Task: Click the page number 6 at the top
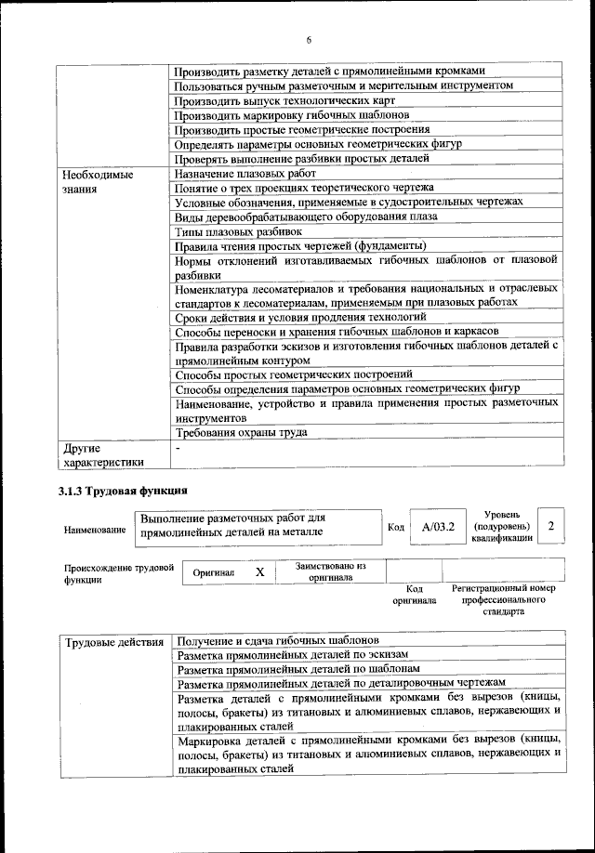click(x=309, y=39)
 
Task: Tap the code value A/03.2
click(x=437, y=527)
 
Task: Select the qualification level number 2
click(x=551, y=527)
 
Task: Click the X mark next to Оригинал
click(x=260, y=573)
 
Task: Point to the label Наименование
click(x=95, y=529)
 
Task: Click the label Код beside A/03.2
click(x=395, y=528)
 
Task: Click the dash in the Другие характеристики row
click(x=178, y=447)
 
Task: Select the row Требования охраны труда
click(x=241, y=432)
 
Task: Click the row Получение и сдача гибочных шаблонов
click(x=277, y=642)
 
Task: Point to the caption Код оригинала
click(x=415, y=595)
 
